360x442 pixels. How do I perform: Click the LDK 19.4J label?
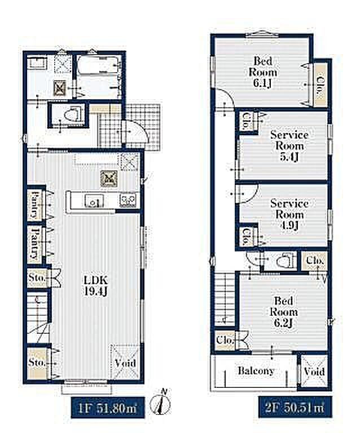(96, 285)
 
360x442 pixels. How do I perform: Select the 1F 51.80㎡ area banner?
(108, 408)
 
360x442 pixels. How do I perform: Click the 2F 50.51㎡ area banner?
(295, 407)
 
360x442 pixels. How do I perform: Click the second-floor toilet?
(285, 262)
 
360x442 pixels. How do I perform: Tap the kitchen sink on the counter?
(94, 201)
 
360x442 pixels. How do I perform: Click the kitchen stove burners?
(128, 200)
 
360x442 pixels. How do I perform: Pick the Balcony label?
(256, 371)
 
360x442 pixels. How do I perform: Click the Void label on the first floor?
(125, 363)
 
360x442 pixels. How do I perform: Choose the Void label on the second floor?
(314, 372)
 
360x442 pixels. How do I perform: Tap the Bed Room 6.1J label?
(262, 72)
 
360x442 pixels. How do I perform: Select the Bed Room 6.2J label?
(283, 311)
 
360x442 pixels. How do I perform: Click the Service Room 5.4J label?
(289, 145)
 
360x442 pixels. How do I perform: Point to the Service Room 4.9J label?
(289, 214)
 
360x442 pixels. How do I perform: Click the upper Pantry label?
(35, 205)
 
